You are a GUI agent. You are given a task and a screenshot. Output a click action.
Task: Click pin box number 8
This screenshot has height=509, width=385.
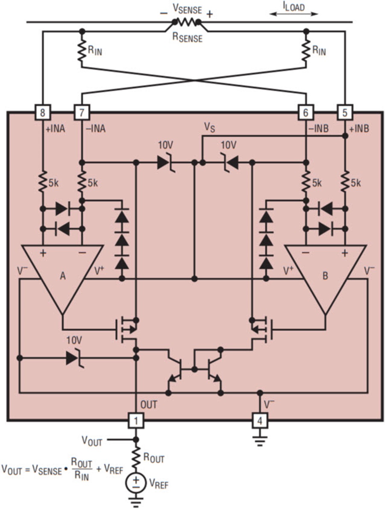[42, 113]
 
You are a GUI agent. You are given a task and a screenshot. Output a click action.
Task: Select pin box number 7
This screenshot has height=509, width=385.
[82, 113]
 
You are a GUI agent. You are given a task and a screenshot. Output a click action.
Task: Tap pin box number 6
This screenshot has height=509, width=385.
[305, 113]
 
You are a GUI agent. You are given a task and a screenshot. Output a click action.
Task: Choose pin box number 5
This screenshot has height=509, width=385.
[345, 113]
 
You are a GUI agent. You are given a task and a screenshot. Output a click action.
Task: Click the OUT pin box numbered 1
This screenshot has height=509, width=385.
[136, 420]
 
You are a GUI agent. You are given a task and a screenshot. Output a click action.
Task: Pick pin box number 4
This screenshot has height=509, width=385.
[260, 420]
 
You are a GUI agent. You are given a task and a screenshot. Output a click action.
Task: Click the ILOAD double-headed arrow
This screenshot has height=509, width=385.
[294, 14]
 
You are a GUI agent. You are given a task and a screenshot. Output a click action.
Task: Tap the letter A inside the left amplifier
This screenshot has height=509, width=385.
[62, 277]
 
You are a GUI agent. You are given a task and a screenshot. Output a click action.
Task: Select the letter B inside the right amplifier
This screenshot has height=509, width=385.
[325, 277]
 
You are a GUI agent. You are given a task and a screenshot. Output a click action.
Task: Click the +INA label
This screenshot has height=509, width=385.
[54, 128]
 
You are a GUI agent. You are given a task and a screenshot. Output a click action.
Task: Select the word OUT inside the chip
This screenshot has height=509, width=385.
[148, 404]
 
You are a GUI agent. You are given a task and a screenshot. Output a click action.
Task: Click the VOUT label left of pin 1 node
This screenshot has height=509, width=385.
[92, 439]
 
